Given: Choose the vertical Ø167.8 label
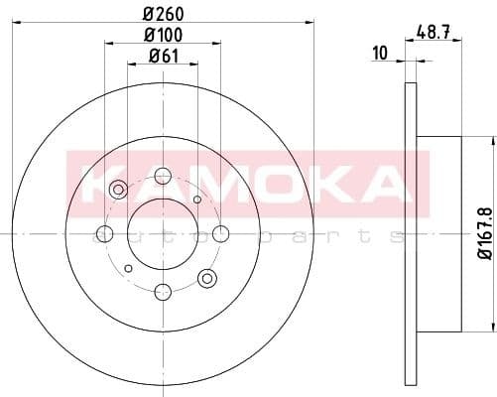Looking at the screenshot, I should click(x=484, y=233).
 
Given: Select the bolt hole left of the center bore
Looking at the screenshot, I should click(x=104, y=234).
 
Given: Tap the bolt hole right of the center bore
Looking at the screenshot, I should click(x=221, y=234).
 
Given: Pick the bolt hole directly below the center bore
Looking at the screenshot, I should click(x=163, y=292).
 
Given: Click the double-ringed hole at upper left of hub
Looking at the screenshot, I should click(x=119, y=190).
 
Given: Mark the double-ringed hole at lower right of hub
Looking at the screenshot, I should click(x=206, y=277).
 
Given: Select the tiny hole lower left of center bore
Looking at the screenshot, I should click(x=128, y=268).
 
